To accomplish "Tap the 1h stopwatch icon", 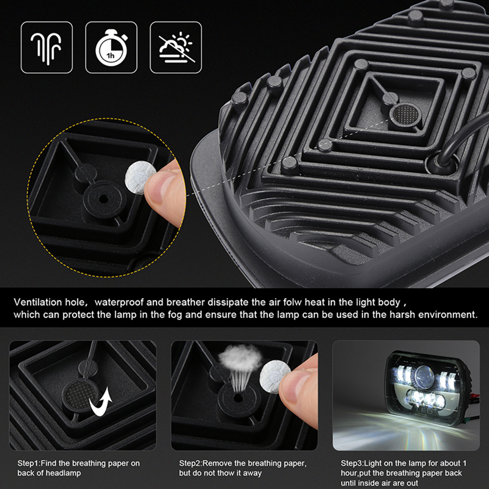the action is pos(111,47).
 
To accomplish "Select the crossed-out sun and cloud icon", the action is pos(176,47).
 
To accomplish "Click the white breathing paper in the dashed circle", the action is pos(140,177).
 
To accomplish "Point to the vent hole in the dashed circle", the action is pos(103,199).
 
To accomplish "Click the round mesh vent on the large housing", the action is pos(405,114).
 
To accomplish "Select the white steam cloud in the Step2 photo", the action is pos(240,358).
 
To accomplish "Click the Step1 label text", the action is pos(29,463).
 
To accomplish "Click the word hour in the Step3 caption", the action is pos(349,473).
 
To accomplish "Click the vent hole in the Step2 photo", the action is pos(238,398).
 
